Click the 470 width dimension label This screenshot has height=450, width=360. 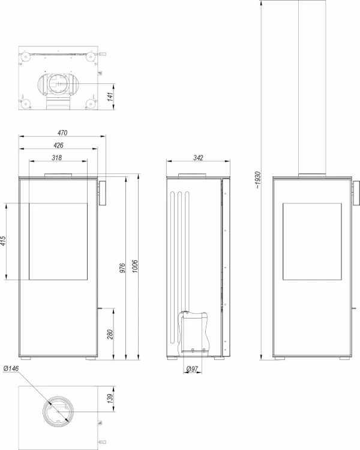click(62, 133)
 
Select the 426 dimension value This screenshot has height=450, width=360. click(58, 145)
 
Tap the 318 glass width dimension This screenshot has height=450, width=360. click(56, 158)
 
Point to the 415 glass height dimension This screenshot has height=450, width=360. click(3, 241)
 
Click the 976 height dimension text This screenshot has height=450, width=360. click(122, 268)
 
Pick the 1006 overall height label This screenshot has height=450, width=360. click(135, 266)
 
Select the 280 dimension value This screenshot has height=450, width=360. click(110, 334)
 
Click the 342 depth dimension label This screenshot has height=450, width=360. click(198, 158)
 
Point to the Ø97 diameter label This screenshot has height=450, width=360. click(192, 369)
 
